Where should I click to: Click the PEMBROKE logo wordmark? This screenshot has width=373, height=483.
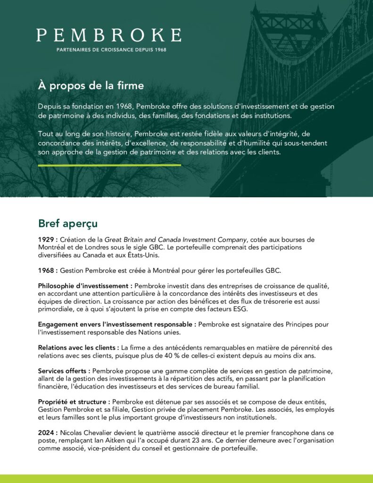pos(108,35)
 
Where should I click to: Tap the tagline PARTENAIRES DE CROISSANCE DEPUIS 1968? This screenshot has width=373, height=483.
pos(111,50)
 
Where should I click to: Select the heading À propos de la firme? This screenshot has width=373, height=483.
pos(91,86)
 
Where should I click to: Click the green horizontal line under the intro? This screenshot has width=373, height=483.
pos(109,165)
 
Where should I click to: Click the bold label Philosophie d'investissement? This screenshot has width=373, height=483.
pos(85,286)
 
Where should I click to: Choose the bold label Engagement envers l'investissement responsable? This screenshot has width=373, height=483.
pos(117,325)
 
